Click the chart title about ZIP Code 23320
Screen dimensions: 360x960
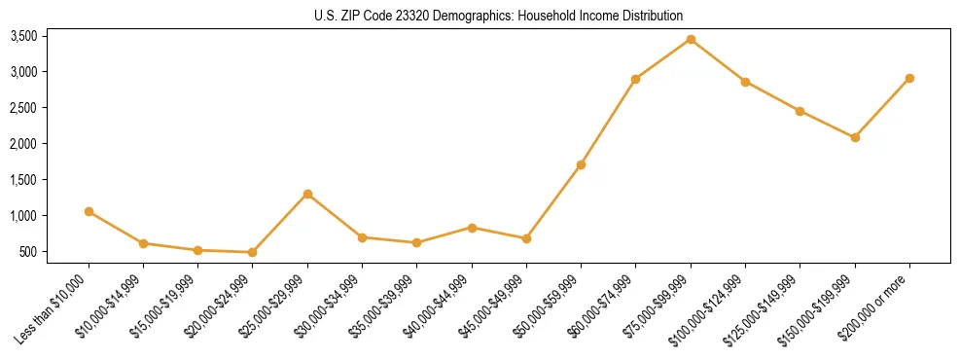point(499,16)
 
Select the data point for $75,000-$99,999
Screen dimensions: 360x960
point(691,39)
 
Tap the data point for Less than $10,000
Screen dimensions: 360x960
point(89,211)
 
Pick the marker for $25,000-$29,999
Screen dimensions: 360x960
point(307,194)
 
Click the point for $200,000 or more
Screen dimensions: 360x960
point(909,78)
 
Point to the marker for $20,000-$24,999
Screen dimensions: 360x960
point(253,252)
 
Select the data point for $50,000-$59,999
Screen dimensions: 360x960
point(581,164)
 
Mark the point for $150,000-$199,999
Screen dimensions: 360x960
point(855,137)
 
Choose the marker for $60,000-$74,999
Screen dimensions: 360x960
point(635,79)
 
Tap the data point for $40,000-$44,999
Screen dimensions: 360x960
point(472,228)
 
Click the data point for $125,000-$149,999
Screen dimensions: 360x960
point(800,111)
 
